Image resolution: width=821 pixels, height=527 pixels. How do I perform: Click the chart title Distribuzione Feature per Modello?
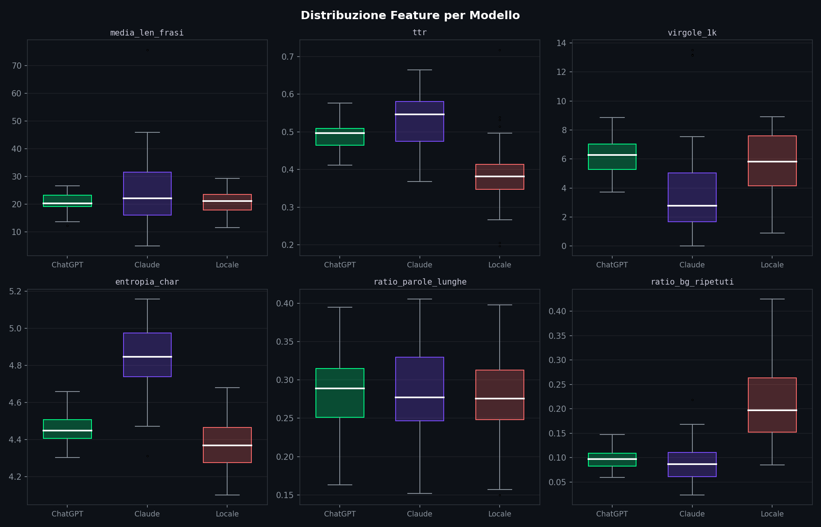(x=410, y=16)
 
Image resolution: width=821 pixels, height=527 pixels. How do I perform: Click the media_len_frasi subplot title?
(x=147, y=33)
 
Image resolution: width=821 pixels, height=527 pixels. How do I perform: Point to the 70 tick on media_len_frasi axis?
(x=17, y=66)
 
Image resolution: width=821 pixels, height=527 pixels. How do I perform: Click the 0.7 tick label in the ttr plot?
(x=287, y=57)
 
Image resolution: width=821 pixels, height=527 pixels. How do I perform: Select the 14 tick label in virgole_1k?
(x=561, y=43)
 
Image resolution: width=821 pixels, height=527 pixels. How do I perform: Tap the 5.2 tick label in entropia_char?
(x=15, y=292)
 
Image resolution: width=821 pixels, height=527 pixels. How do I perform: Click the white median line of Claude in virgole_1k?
(x=692, y=206)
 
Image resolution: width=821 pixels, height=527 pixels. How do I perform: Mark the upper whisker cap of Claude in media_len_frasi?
(x=147, y=133)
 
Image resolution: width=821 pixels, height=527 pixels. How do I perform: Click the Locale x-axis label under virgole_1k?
(x=772, y=265)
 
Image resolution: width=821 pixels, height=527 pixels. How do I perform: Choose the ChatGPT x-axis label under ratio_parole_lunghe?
(x=339, y=514)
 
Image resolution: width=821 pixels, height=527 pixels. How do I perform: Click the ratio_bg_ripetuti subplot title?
(x=692, y=282)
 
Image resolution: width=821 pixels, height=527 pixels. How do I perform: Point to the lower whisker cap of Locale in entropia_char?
(x=227, y=495)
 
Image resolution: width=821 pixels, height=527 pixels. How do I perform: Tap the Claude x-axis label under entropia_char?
(x=147, y=514)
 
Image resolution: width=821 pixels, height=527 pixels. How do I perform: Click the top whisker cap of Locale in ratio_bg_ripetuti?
(x=772, y=299)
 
